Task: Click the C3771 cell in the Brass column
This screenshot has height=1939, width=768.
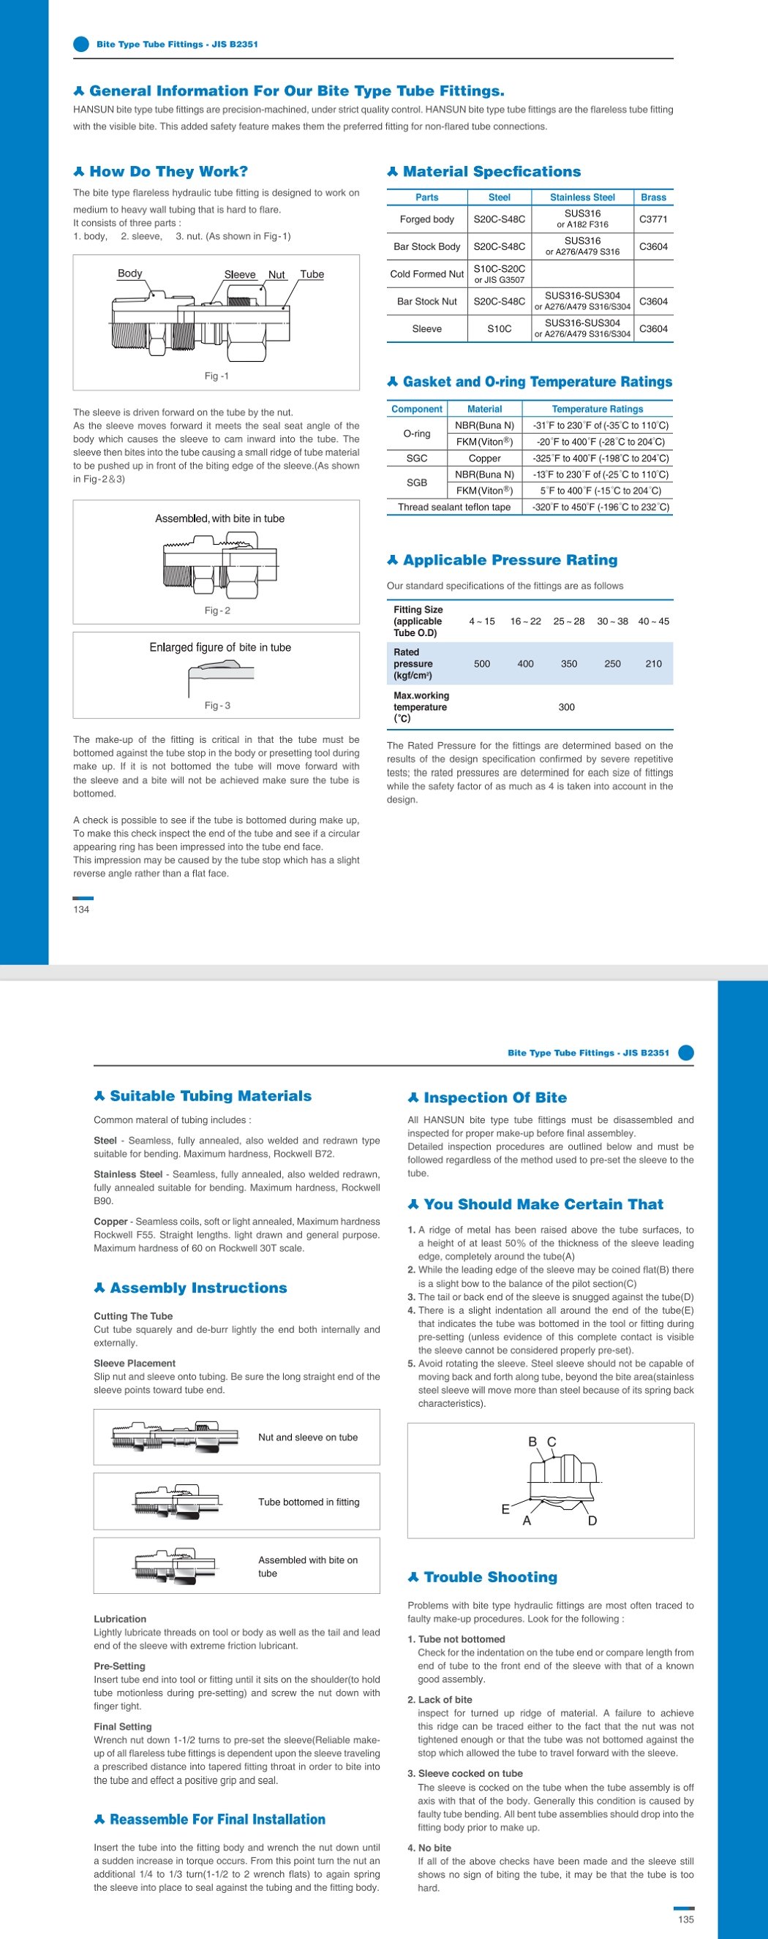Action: click(652, 219)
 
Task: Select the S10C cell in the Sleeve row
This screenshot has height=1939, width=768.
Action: click(499, 329)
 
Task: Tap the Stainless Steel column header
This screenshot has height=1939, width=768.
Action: click(582, 197)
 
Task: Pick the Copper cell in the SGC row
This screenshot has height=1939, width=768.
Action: click(484, 458)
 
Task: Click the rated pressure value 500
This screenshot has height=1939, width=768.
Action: click(482, 664)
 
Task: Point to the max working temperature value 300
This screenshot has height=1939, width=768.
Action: click(566, 708)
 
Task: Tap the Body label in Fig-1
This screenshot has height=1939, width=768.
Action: click(129, 274)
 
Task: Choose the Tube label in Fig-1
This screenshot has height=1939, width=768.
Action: click(312, 275)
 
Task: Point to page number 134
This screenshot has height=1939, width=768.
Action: click(81, 910)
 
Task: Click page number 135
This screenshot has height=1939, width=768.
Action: click(686, 1919)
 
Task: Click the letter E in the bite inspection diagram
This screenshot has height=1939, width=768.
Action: click(505, 1509)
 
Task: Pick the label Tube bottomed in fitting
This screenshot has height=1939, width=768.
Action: click(309, 1502)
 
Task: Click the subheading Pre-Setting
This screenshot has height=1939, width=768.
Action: click(120, 1666)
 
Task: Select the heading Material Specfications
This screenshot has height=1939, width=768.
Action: click(492, 172)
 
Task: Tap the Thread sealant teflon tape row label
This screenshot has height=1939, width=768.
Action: click(454, 507)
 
